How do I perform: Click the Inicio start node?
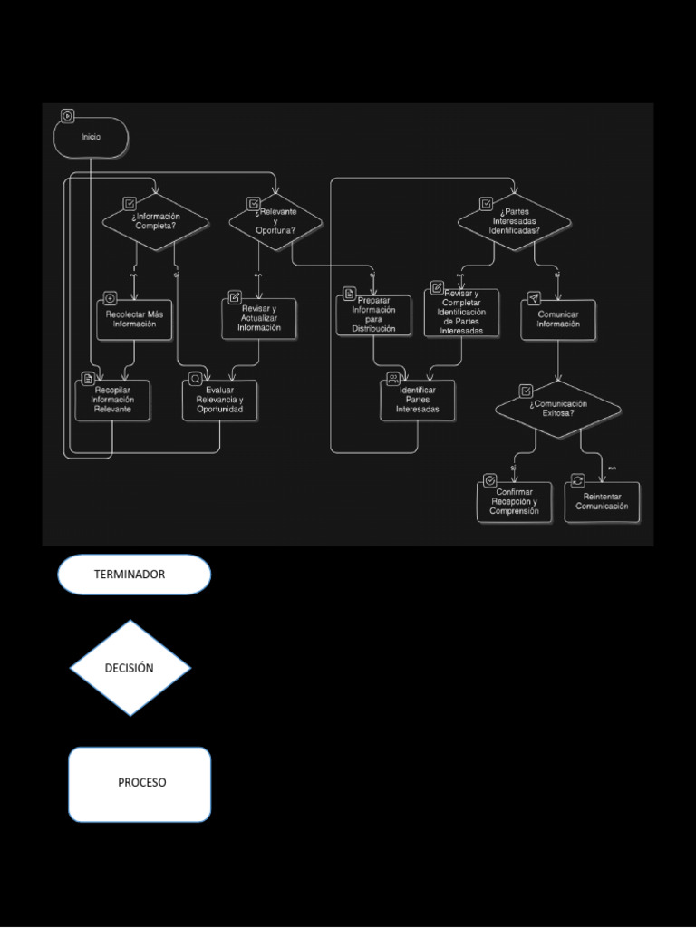pyautogui.click(x=92, y=137)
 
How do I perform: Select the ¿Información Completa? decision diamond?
pyautogui.click(x=155, y=221)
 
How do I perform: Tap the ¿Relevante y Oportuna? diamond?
pyautogui.click(x=275, y=221)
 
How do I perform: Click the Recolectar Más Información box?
pyautogui.click(x=134, y=320)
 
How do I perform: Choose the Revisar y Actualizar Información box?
pyautogui.click(x=259, y=320)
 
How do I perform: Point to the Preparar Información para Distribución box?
pyautogui.click(x=374, y=314)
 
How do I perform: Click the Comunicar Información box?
pyautogui.click(x=558, y=320)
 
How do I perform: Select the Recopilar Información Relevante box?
pyautogui.click(x=112, y=400)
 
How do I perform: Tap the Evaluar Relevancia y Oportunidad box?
pyautogui.click(x=219, y=400)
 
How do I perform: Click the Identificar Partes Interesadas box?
pyautogui.click(x=418, y=401)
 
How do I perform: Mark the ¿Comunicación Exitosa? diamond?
pyautogui.click(x=558, y=409)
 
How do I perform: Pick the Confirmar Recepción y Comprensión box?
pyautogui.click(x=514, y=502)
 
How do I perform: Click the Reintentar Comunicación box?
pyautogui.click(x=602, y=502)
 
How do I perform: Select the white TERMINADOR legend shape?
pyautogui.click(x=134, y=575)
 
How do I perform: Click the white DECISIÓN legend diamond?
pyautogui.click(x=130, y=668)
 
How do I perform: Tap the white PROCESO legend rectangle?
pyautogui.click(x=140, y=784)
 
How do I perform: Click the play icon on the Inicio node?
pyautogui.click(x=67, y=115)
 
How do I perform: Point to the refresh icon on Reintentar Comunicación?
pyautogui.click(x=577, y=480)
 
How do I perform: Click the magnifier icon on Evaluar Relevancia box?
pyautogui.click(x=195, y=379)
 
